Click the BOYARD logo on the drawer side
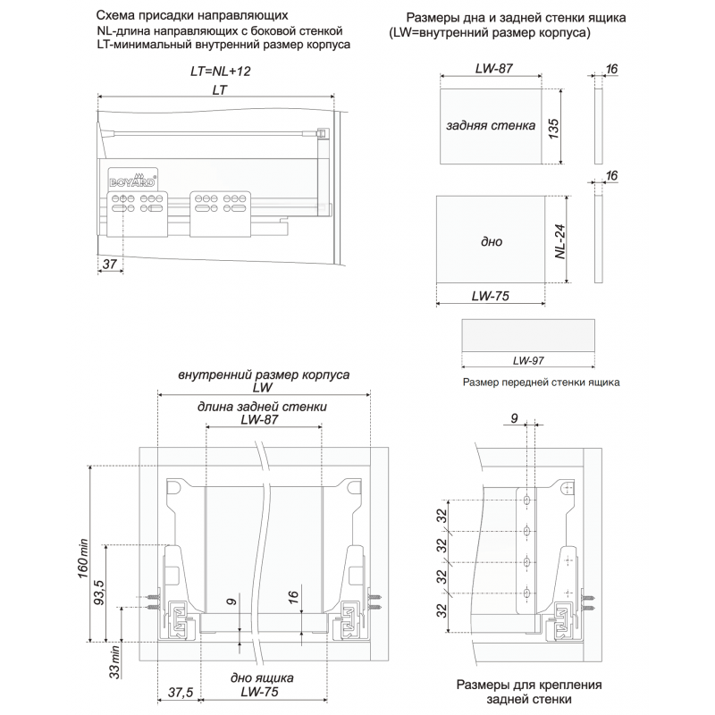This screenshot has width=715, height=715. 134,178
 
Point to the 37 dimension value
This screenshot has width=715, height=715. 109,264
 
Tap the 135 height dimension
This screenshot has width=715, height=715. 554,126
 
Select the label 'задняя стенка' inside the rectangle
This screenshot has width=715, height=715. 490,126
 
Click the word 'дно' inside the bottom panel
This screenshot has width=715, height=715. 491,242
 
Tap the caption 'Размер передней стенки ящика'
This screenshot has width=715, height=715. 542,383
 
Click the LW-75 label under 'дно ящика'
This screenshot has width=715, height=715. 262,692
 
